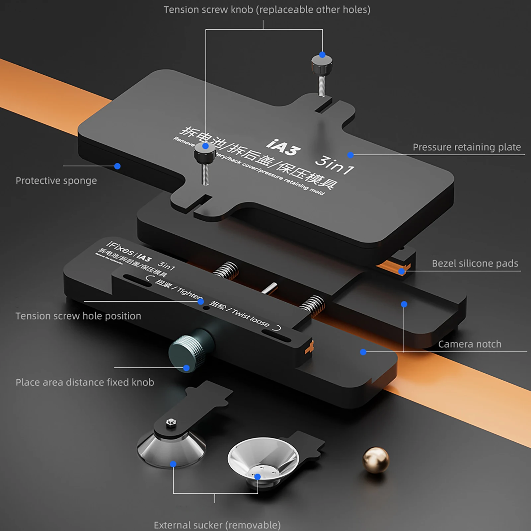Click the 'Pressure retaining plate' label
click(x=467, y=147)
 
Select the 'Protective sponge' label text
click(x=56, y=181)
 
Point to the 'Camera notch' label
click(x=470, y=344)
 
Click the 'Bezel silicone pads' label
click(x=475, y=264)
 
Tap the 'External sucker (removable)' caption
click(x=217, y=525)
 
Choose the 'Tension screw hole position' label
click(x=78, y=316)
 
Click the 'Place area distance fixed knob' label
click(x=85, y=382)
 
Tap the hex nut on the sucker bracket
click(x=171, y=422)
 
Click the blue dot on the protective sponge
click(x=117, y=166)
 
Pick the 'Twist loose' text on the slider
click(x=251, y=318)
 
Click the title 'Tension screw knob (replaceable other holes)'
click(x=267, y=10)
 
